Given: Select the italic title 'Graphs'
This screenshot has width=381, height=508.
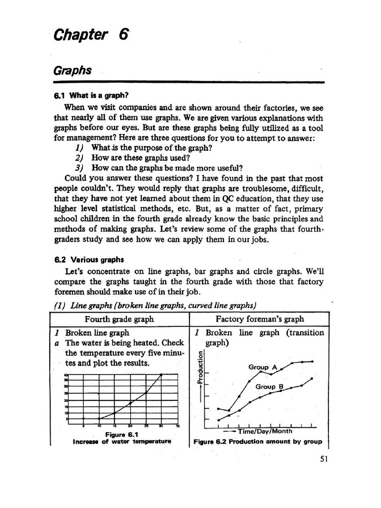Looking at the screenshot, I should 72,70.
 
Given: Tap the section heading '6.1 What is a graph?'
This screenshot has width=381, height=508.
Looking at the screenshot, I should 95,95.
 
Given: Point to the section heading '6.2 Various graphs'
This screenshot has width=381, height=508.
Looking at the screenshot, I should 88,259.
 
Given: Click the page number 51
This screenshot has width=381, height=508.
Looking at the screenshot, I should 324,459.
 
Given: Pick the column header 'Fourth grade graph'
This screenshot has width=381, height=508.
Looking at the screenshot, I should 119,319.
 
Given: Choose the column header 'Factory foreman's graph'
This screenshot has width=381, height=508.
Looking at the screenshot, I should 259,319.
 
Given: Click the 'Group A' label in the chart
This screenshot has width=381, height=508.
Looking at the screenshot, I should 262,367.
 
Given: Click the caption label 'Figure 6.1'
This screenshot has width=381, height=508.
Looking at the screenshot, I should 122,435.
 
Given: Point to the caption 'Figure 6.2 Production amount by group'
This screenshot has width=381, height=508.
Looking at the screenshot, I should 257,442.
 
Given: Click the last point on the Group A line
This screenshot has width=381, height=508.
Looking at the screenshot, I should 312,362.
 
